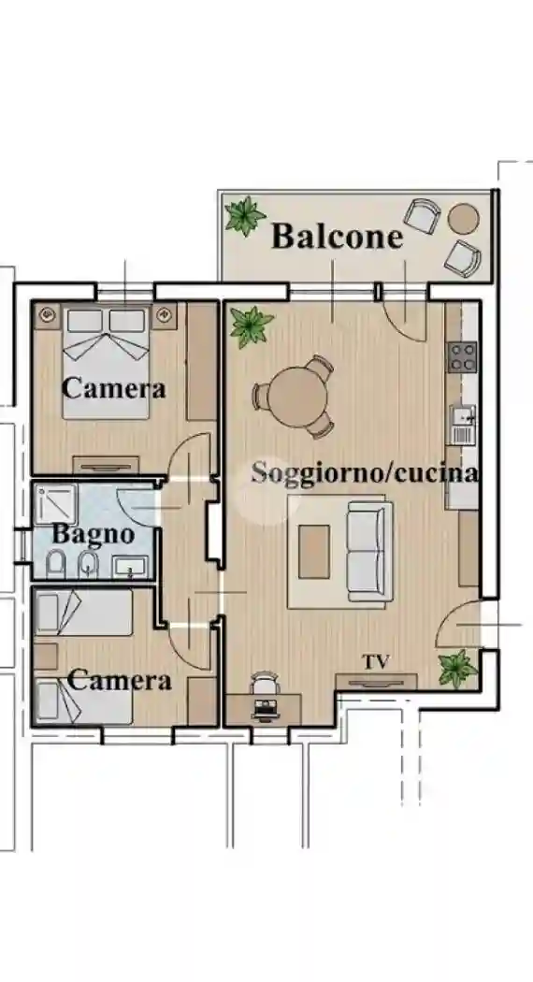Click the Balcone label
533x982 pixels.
tap(337, 237)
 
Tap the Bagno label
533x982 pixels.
tap(93, 536)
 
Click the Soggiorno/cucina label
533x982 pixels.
tap(365, 472)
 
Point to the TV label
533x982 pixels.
tap(376, 662)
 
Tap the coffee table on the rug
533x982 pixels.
tap(314, 552)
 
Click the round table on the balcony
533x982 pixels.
tap(463, 219)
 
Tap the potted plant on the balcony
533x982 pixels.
tap(245, 216)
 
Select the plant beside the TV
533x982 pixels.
tap(458, 668)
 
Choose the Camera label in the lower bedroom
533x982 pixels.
tap(120, 680)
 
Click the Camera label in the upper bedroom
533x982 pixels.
tap(113, 387)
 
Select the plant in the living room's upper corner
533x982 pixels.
tap(252, 325)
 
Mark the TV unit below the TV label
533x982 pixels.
tap(376, 681)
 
